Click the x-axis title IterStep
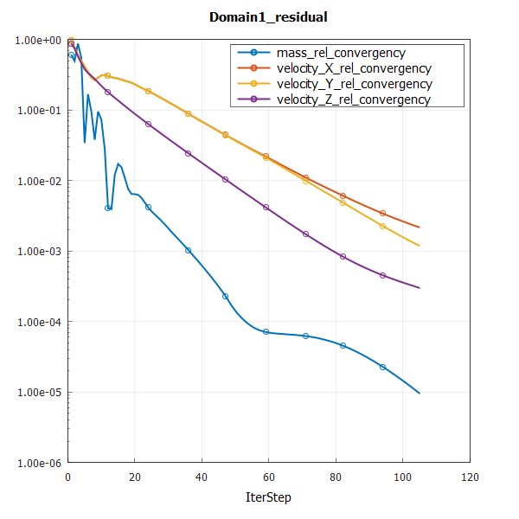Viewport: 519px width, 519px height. click(268, 497)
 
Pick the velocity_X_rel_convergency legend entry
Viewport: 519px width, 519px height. click(355, 68)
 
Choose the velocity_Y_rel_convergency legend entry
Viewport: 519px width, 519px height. click(355, 84)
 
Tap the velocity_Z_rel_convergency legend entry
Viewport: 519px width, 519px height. click(354, 99)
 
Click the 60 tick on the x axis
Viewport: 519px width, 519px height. click(269, 477)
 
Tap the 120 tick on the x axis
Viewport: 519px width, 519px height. click(471, 477)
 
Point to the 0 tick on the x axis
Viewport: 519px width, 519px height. click(67, 477)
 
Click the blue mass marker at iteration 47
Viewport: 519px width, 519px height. click(225, 296)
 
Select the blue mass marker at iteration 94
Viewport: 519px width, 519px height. click(382, 367)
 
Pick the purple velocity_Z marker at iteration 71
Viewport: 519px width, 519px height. click(305, 234)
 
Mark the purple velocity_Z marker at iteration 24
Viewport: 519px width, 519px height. click(148, 125)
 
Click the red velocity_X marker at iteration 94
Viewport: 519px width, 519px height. click(382, 213)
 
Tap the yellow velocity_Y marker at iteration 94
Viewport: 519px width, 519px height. click(382, 226)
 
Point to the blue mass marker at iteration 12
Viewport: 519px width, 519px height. click(108, 208)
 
